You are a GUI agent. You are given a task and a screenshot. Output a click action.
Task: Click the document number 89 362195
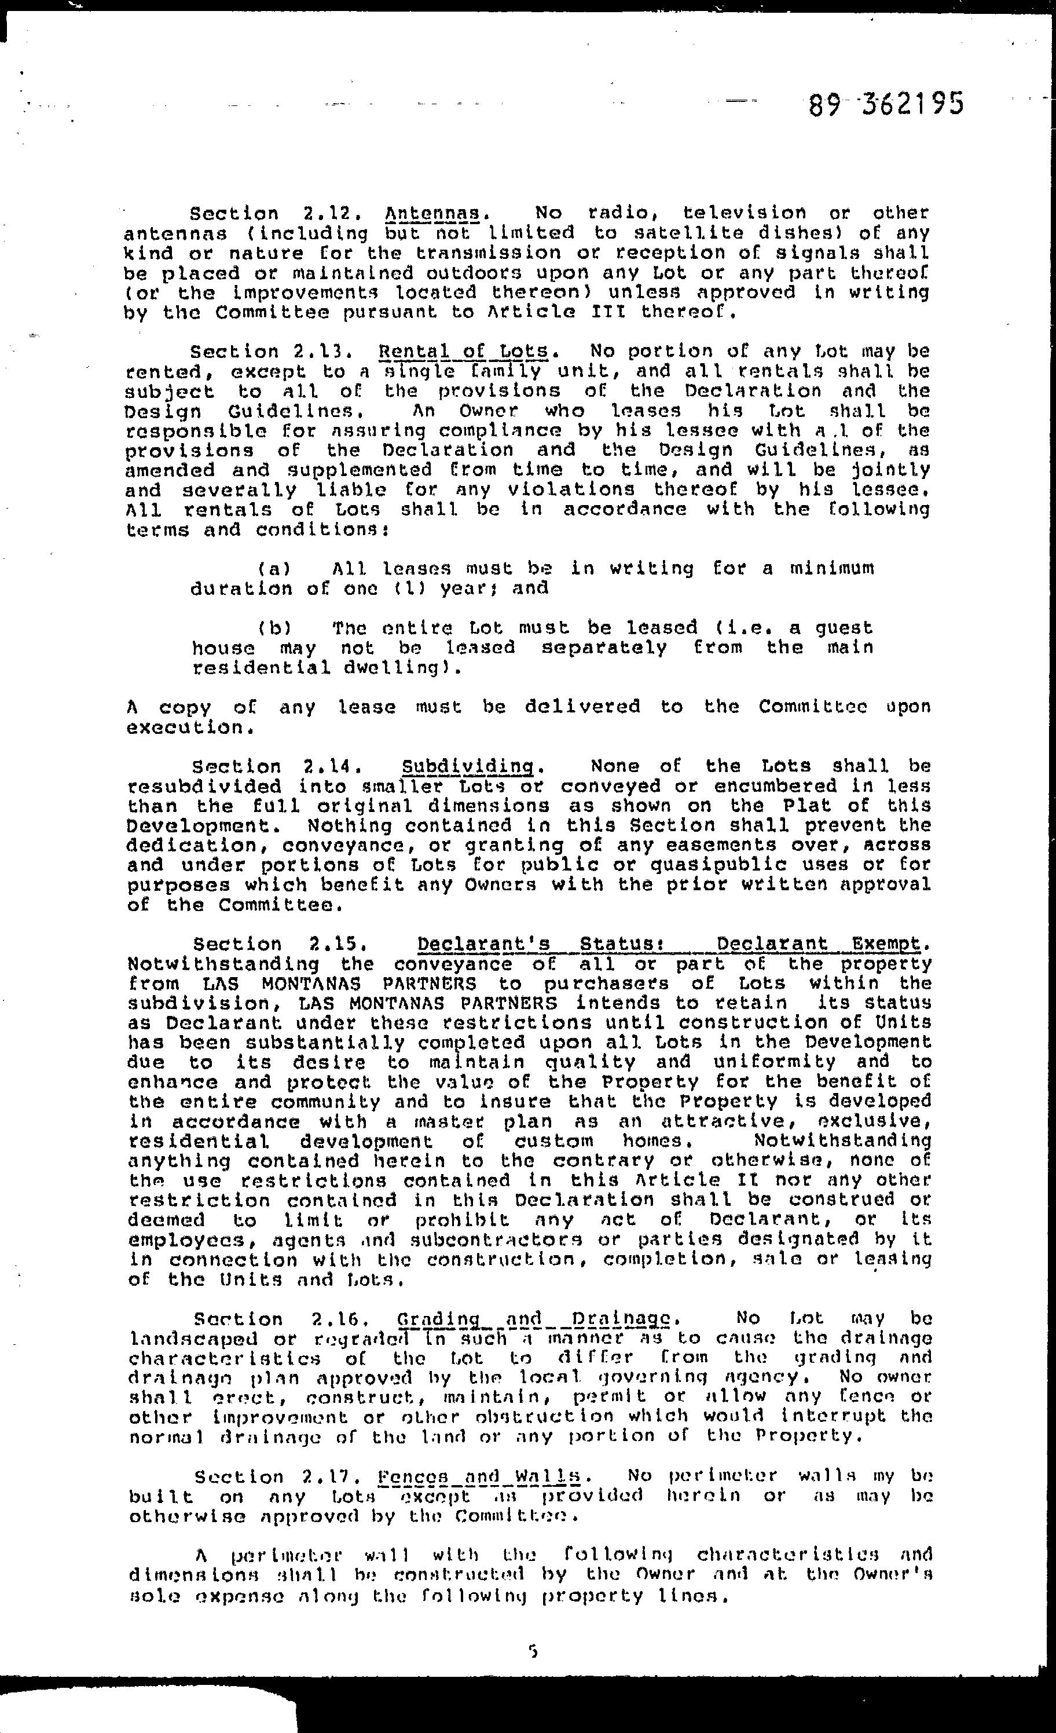click(885, 105)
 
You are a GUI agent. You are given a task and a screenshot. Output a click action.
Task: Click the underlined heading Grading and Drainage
click(537, 1318)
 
